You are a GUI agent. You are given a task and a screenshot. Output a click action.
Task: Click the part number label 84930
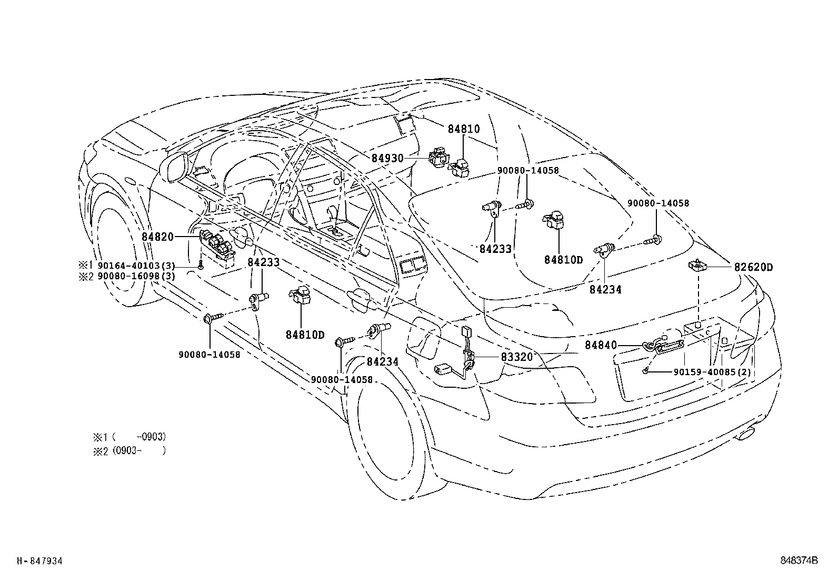pyautogui.click(x=387, y=159)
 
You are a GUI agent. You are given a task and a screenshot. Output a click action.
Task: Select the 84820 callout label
pyautogui.click(x=158, y=237)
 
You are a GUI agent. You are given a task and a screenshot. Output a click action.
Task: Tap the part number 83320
pyautogui.click(x=516, y=357)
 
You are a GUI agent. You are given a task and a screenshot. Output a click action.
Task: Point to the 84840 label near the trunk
pyautogui.click(x=601, y=345)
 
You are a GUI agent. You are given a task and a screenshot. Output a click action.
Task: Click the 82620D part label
pyautogui.click(x=753, y=267)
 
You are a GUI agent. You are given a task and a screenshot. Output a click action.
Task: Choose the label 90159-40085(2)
pyautogui.click(x=712, y=372)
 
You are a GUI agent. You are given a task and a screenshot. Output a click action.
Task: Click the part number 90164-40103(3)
pyautogui.click(x=136, y=266)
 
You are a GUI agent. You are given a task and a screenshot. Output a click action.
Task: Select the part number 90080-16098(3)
pyautogui.click(x=136, y=276)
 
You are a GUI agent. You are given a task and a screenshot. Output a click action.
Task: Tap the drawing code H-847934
pyautogui.click(x=39, y=561)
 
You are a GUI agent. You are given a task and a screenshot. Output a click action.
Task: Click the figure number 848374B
pyautogui.click(x=799, y=561)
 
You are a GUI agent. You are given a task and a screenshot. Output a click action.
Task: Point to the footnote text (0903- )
pyautogui.click(x=139, y=450)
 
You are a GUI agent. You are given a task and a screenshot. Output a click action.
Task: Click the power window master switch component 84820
pyautogui.click(x=217, y=248)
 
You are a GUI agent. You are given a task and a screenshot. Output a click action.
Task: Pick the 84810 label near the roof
pyautogui.click(x=464, y=129)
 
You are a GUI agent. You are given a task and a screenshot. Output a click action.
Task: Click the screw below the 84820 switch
pyautogui.click(x=201, y=265)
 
